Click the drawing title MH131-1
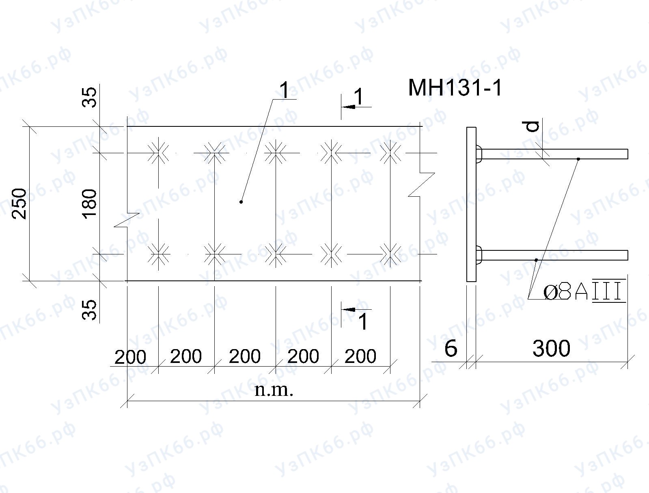click(455, 88)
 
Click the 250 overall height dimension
click(19, 204)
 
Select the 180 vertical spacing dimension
click(89, 204)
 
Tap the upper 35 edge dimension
click(89, 97)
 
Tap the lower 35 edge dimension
click(89, 310)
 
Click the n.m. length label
click(274, 390)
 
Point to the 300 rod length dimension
click(551, 348)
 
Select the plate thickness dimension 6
click(451, 348)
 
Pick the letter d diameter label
click(533, 126)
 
